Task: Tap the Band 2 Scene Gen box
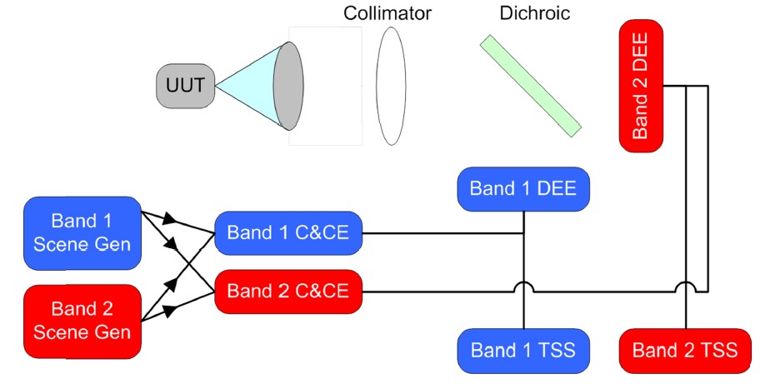(82, 321)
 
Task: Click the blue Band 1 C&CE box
(287, 234)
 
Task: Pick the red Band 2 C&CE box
(287, 292)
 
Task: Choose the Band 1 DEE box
(523, 188)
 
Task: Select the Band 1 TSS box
(523, 350)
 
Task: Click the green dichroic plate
(530, 84)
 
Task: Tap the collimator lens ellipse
(391, 86)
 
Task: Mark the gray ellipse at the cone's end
(287, 86)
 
